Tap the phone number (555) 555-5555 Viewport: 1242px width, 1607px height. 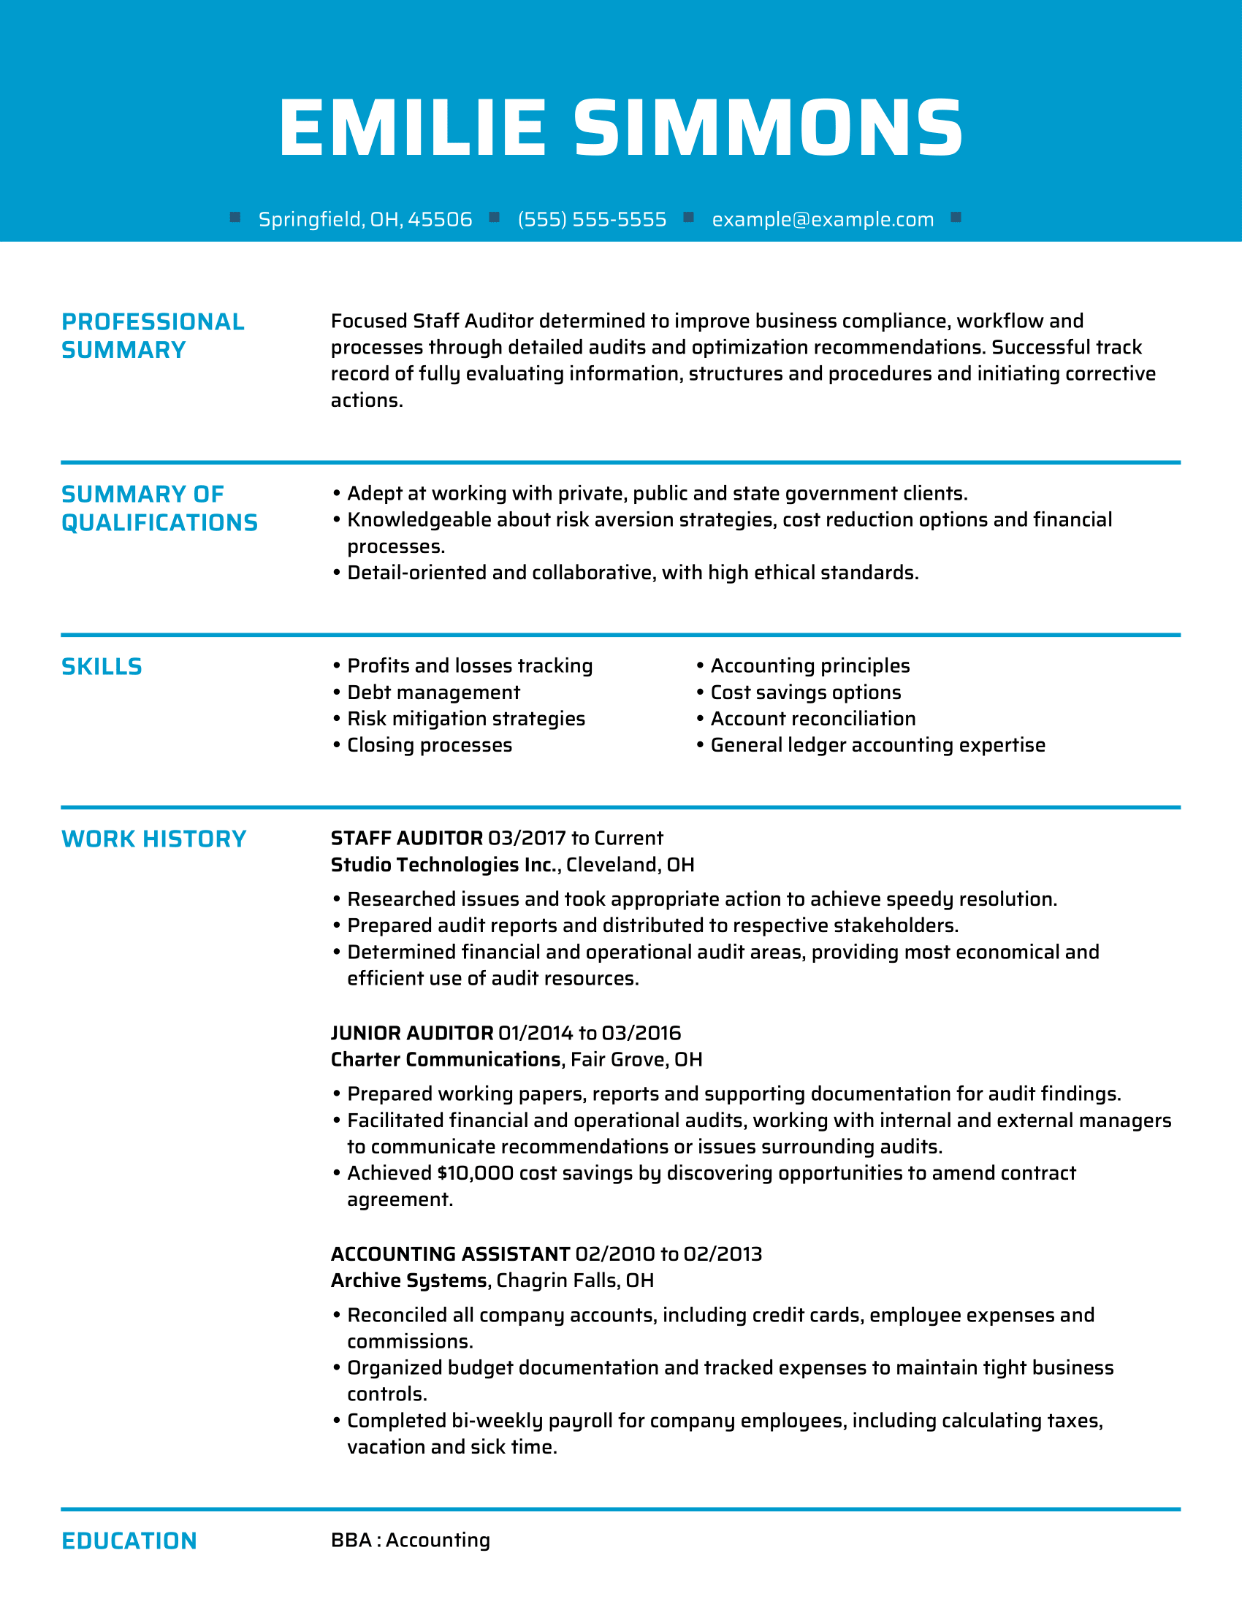click(592, 219)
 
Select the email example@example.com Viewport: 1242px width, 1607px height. click(823, 219)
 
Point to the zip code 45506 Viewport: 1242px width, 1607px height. click(440, 219)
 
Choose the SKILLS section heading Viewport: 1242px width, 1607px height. click(102, 667)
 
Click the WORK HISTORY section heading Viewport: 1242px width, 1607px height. click(153, 839)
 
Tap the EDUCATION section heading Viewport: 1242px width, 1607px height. click(129, 1541)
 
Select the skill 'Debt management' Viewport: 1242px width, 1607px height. click(433, 692)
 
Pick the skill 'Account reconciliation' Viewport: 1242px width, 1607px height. click(812, 719)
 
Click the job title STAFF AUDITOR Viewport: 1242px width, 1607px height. click(407, 838)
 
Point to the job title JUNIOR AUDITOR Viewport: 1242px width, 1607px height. click(412, 1033)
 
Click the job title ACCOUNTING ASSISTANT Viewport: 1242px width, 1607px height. click(450, 1253)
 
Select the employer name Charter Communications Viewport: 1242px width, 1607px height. click(446, 1060)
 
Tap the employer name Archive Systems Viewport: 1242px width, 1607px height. click(409, 1280)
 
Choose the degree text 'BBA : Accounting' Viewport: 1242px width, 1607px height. click(411, 1540)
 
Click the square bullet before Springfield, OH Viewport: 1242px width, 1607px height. click(235, 217)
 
